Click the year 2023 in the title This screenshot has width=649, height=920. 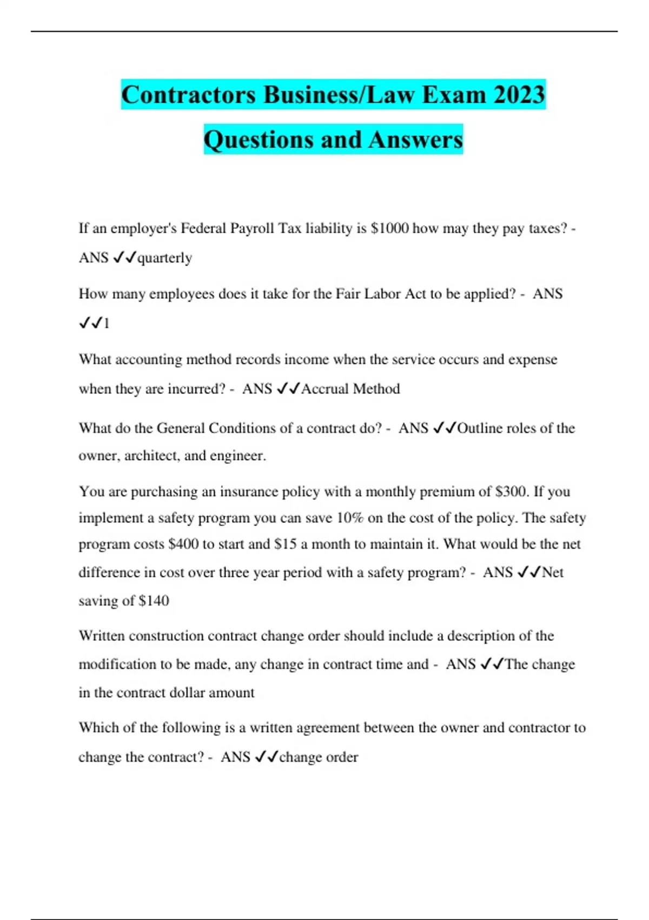519,95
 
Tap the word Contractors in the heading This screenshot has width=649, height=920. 188,95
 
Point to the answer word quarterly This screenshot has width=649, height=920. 165,258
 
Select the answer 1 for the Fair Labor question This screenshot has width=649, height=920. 107,324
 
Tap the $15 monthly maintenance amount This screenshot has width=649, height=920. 286,544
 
